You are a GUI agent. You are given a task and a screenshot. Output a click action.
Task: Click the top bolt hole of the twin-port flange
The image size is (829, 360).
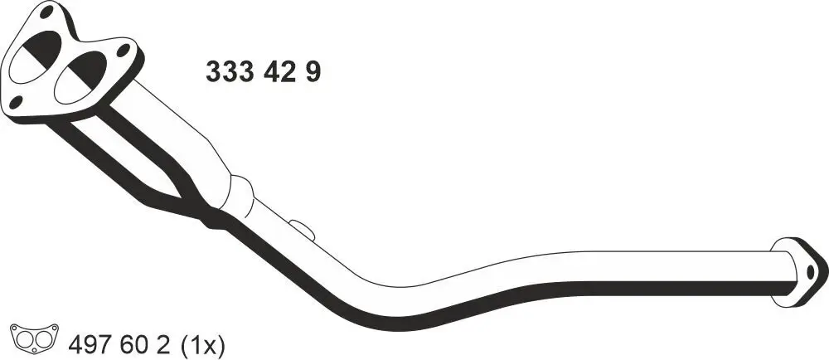point(46,12)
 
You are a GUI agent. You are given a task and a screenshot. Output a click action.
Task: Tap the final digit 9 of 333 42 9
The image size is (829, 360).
point(313,73)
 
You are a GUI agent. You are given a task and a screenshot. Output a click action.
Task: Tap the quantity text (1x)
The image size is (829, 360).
point(201,342)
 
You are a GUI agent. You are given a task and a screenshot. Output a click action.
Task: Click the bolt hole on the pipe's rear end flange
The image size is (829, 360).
point(810,270)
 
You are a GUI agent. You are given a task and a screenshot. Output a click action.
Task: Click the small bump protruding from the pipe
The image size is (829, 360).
point(302,229)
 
